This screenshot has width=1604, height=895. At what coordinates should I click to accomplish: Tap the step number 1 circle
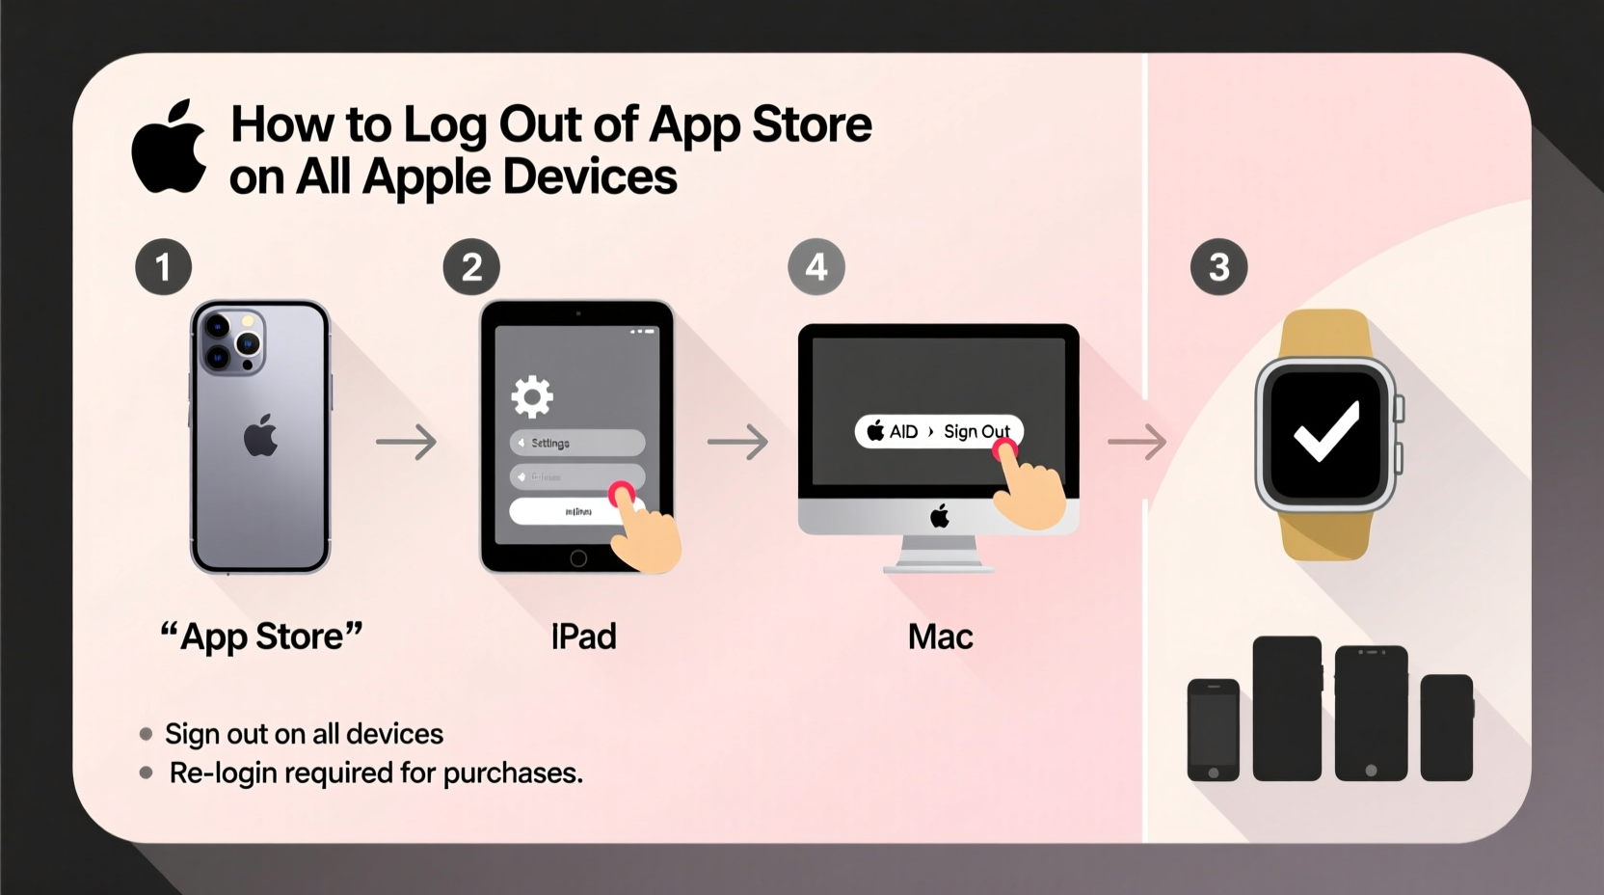click(163, 267)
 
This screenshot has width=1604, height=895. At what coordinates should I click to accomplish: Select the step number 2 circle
click(471, 267)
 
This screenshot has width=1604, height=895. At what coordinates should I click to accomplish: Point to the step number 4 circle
click(816, 267)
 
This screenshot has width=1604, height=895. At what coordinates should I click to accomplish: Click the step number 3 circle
click(1218, 267)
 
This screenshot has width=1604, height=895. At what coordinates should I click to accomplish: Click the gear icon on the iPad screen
click(532, 395)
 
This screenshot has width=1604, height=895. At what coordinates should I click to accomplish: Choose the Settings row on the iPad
click(576, 443)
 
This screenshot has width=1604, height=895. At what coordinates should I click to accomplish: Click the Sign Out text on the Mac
click(976, 431)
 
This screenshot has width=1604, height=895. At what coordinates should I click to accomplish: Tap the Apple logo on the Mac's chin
click(940, 516)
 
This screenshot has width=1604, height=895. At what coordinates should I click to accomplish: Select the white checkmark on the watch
click(1326, 430)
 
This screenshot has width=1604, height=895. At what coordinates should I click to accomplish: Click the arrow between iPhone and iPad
click(406, 442)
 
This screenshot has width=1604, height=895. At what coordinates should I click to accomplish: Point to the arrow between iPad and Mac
click(737, 442)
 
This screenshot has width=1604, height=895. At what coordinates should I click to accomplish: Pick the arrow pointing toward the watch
click(1136, 442)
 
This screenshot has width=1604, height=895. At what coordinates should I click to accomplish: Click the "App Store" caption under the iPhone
click(261, 637)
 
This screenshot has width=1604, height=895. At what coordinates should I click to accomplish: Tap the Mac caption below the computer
click(940, 637)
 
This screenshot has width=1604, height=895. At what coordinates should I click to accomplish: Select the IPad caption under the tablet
click(583, 637)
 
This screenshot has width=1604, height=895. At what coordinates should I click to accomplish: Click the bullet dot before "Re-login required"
click(147, 773)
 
